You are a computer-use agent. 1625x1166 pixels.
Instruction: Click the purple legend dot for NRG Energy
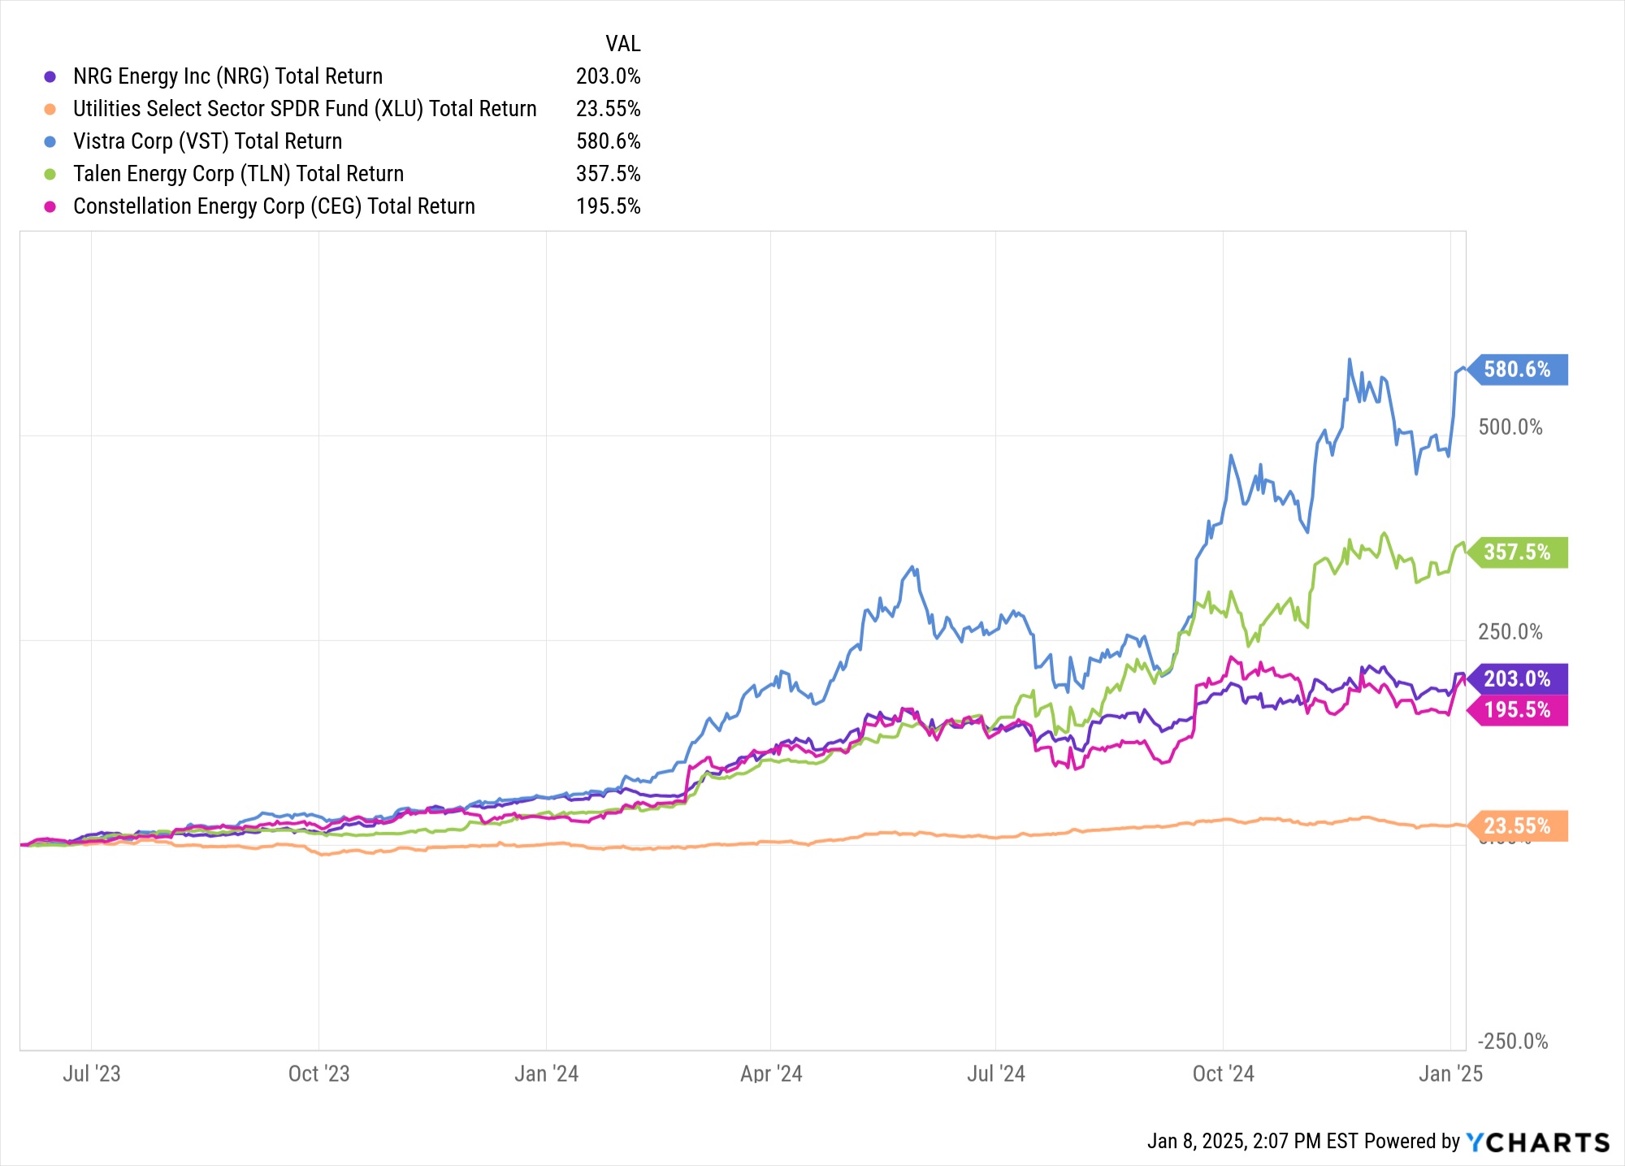[50, 76]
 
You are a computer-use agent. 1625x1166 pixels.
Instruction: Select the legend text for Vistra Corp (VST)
[207, 141]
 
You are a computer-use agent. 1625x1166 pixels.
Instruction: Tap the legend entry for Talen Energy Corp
[238, 174]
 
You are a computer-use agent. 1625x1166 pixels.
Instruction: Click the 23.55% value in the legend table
[608, 109]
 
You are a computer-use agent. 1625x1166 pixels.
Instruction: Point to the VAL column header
[622, 44]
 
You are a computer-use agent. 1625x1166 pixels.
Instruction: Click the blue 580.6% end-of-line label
[1517, 370]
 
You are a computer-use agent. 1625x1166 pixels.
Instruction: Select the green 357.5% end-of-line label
[1517, 553]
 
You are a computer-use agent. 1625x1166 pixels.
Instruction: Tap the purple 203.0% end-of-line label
[1517, 678]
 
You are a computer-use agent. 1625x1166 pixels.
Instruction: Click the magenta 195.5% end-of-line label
[1517, 710]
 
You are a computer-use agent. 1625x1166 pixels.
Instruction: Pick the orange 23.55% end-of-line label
[1517, 826]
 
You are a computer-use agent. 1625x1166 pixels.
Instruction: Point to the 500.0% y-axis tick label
[1510, 427]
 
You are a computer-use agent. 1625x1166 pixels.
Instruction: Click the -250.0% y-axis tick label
[1512, 1042]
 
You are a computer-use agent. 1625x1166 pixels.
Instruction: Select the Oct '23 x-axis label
[318, 1074]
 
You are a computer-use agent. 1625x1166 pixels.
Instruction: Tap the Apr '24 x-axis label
[771, 1074]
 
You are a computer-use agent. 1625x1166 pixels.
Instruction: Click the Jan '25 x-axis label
[1450, 1074]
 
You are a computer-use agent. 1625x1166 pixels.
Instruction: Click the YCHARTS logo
[1537, 1142]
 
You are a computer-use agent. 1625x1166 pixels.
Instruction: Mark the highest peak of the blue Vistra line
[1350, 359]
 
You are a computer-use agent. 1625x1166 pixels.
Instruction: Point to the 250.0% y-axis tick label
[1510, 632]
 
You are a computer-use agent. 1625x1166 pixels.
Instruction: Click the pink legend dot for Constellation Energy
[50, 206]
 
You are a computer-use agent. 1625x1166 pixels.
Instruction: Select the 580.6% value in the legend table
[608, 141]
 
